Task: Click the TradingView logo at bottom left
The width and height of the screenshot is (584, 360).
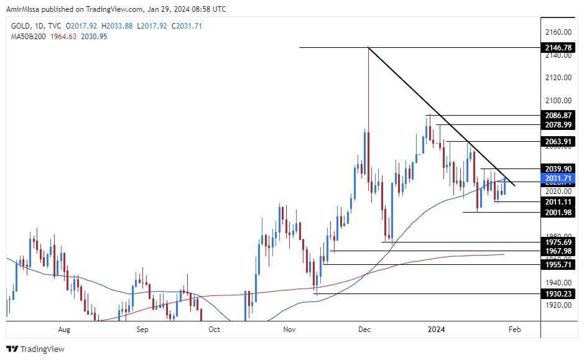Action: click(36, 349)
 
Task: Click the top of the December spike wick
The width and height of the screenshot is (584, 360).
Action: click(368, 48)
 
